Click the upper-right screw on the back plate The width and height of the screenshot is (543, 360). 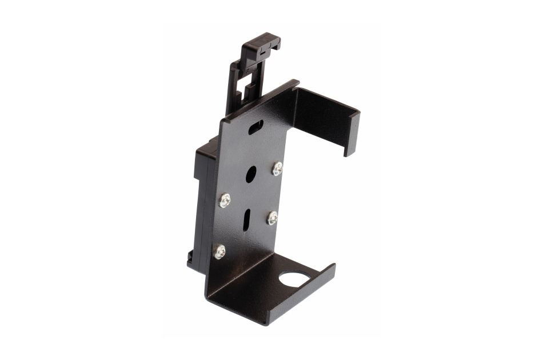click(277, 169)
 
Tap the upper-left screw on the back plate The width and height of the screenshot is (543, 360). click(225, 200)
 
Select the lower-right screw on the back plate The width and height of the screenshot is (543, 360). click(273, 218)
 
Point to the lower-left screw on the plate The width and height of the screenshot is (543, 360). click(219, 251)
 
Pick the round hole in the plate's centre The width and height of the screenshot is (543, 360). click(251, 174)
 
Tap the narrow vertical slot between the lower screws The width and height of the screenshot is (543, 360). click(246, 219)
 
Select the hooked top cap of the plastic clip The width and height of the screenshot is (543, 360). click(262, 46)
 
